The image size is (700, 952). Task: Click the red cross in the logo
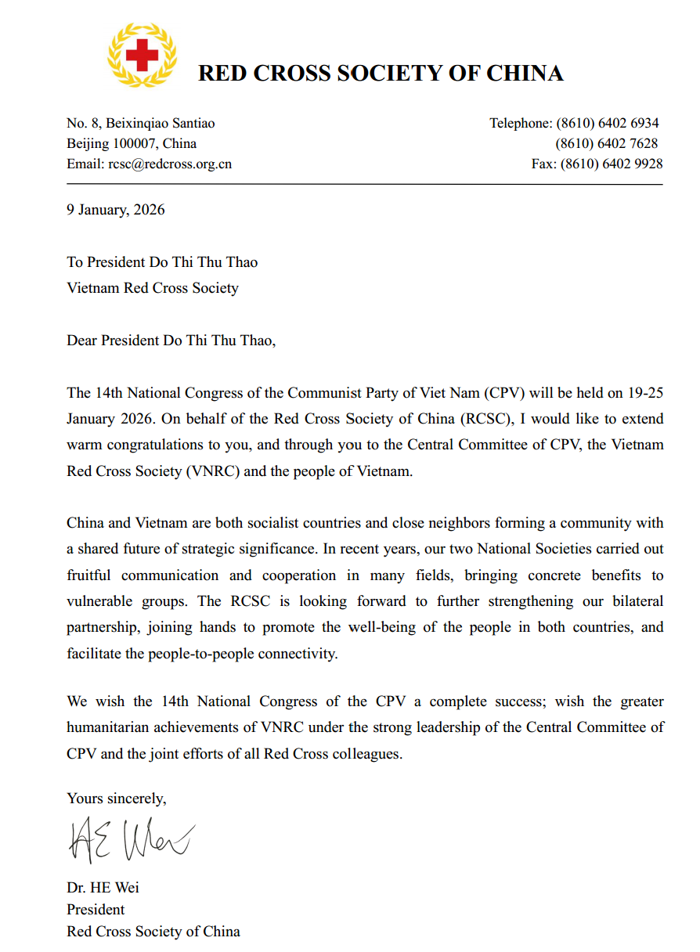pyautogui.click(x=142, y=55)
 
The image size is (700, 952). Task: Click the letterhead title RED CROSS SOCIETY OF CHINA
pyautogui.click(x=381, y=74)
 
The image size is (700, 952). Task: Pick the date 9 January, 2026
pyautogui.click(x=116, y=210)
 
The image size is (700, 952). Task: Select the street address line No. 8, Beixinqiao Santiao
pyautogui.click(x=141, y=123)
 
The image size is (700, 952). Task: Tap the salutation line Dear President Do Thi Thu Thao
pyautogui.click(x=171, y=341)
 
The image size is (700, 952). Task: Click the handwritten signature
pyautogui.click(x=130, y=839)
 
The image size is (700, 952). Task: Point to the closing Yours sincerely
pyautogui.click(x=117, y=799)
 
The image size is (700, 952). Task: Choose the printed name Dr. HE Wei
pyautogui.click(x=103, y=889)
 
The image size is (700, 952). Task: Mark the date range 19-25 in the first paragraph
pyautogui.click(x=640, y=393)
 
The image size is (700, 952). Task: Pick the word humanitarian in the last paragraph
pyautogui.click(x=110, y=728)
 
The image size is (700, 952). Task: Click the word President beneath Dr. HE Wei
pyautogui.click(x=96, y=911)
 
